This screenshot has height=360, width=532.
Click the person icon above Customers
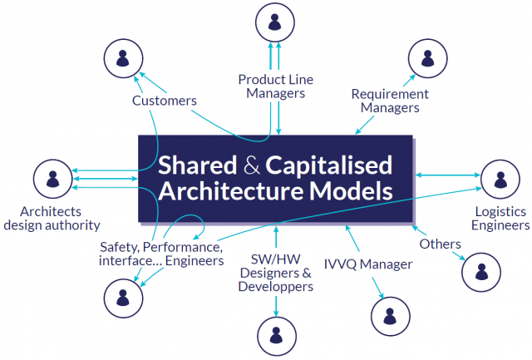122,58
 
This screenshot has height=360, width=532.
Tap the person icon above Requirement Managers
428,58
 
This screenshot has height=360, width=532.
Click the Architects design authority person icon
53,178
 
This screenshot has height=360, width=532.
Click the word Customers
165,101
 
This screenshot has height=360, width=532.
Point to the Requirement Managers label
390,101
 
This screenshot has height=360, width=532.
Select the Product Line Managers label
278,86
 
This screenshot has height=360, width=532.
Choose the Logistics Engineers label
500,218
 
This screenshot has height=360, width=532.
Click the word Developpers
275,287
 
